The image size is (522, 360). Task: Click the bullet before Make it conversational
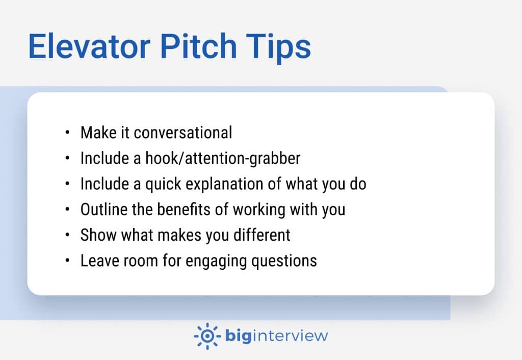[67, 133]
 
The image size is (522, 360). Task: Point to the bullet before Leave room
[67, 261]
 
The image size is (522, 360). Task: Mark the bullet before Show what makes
[67, 235]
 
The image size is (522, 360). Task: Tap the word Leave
[97, 261]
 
